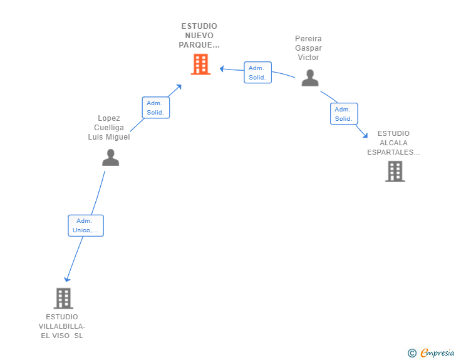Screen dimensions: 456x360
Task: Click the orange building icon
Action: [200, 64]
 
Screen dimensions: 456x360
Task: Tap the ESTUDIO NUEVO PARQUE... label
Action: [199, 36]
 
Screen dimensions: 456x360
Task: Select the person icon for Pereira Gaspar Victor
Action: [310, 78]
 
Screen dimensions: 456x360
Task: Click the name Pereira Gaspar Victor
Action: [308, 48]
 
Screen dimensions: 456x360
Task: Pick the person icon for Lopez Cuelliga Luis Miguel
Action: [110, 157]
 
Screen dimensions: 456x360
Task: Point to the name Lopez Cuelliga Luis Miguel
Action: [109, 127]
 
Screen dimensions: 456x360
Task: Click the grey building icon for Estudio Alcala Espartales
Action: [395, 172]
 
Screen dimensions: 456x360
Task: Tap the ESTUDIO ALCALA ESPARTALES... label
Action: [393, 143]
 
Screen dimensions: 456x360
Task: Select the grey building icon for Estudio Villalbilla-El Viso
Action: [63, 299]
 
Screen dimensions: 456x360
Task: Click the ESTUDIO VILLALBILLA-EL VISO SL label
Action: [62, 326]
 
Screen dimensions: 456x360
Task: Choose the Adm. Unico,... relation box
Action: [86, 225]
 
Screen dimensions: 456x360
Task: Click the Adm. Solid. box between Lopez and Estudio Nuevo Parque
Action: [156, 108]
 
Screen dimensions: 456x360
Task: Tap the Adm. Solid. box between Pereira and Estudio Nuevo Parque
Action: [257, 73]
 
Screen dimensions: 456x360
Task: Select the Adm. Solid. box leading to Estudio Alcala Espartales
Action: [344, 114]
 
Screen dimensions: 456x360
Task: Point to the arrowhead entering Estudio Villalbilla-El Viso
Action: [67, 279]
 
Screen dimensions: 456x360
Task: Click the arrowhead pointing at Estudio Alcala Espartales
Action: [366, 135]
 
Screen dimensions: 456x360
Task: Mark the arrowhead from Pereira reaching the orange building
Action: [222, 69]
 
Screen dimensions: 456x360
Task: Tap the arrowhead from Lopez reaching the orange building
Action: [179, 86]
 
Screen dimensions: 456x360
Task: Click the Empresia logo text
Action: [437, 353]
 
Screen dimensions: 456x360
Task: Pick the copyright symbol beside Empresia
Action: [412, 353]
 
